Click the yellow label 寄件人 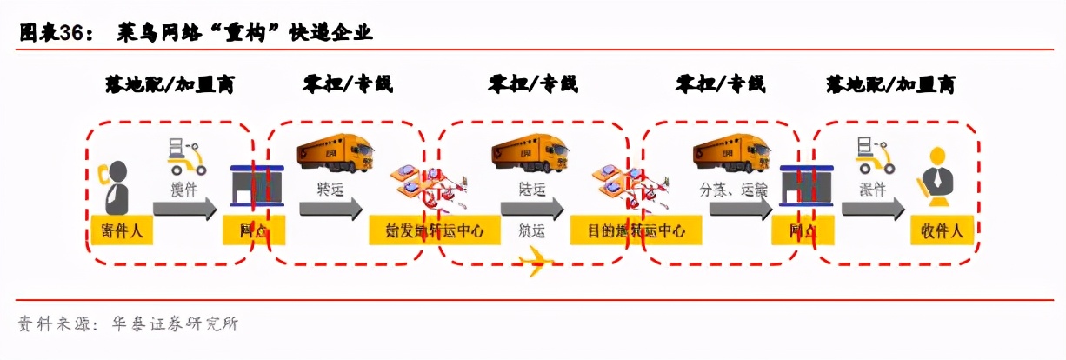tap(122, 231)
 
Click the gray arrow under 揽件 tap(184, 209)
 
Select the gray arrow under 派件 tap(872, 209)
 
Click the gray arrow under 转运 tap(330, 209)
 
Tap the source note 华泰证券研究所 tap(175, 324)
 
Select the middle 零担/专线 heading tap(532, 84)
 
